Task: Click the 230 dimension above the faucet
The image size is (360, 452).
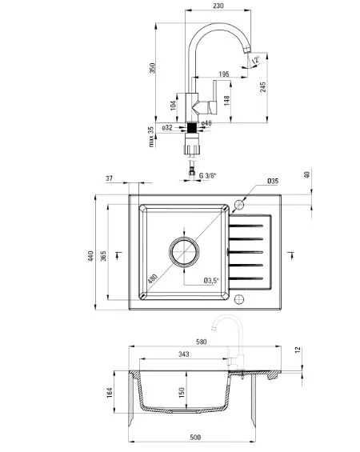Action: [x=218, y=6]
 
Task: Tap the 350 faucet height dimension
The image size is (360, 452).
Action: [x=152, y=68]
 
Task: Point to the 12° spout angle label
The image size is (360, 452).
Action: [x=256, y=60]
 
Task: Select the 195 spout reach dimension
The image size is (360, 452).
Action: [x=224, y=74]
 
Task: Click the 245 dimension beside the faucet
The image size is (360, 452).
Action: [x=263, y=87]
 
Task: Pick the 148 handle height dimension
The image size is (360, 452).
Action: [x=227, y=100]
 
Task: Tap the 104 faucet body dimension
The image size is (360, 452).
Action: [x=173, y=106]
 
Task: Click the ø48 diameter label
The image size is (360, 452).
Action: [x=206, y=123]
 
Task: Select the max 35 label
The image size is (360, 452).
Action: [x=151, y=136]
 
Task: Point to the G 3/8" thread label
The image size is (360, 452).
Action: [x=207, y=175]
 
